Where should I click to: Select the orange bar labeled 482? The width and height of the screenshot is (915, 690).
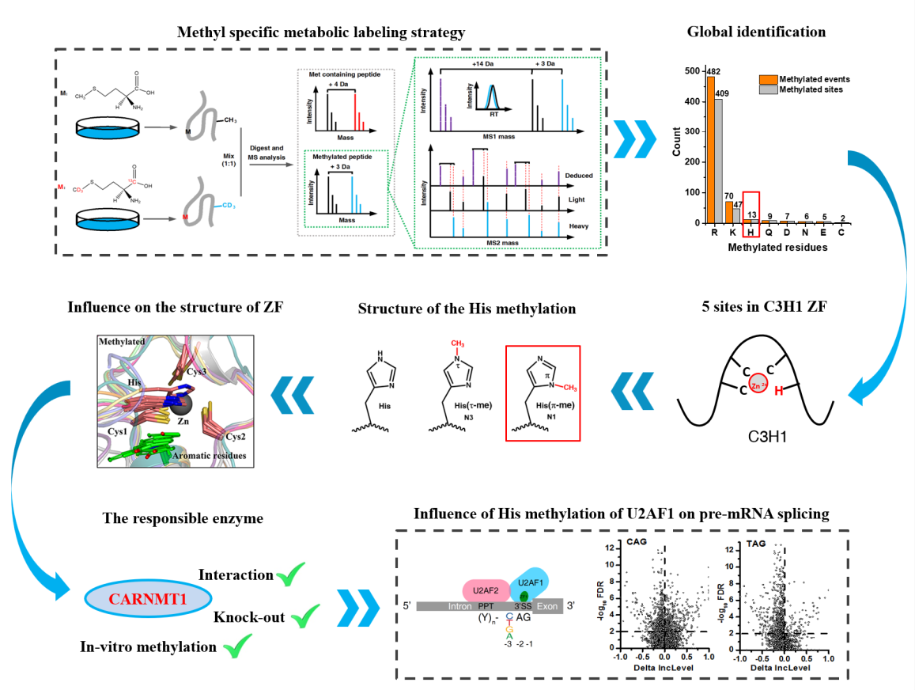click(710, 150)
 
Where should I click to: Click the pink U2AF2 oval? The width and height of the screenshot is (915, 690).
click(486, 589)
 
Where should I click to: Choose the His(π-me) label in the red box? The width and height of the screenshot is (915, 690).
click(543, 405)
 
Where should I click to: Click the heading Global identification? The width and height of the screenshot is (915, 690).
click(756, 32)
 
